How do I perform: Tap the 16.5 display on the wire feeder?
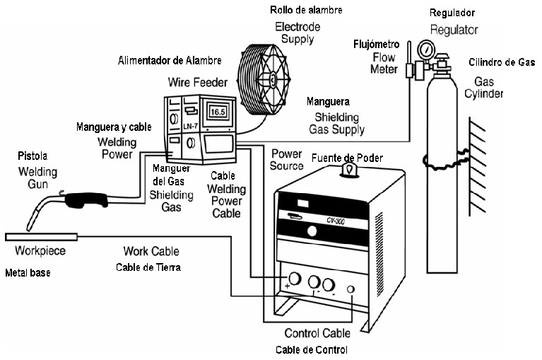click(218, 110)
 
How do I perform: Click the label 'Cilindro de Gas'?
click(501, 63)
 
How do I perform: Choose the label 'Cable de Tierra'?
click(148, 267)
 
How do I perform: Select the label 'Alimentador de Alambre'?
click(170, 61)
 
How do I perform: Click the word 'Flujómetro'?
click(377, 45)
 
